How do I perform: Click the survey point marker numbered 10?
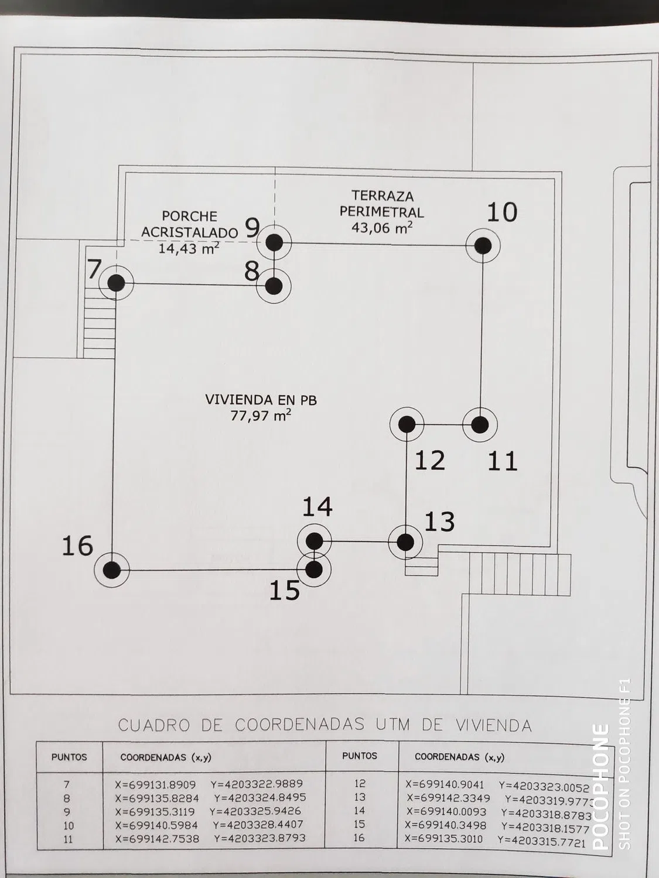point(483,246)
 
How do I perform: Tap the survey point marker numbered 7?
point(117,283)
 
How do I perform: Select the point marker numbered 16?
point(112,570)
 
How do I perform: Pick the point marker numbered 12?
point(407,424)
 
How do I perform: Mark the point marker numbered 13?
point(405,542)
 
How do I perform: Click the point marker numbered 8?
point(274,286)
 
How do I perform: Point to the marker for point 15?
point(314,568)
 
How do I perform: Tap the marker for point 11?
point(480,425)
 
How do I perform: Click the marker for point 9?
point(274,242)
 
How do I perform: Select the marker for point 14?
point(314,541)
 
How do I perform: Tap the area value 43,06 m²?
point(381,227)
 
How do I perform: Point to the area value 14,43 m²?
point(189,248)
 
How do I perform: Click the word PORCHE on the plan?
point(189,217)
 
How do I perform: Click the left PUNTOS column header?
point(69,757)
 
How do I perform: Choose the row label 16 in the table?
point(359,838)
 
